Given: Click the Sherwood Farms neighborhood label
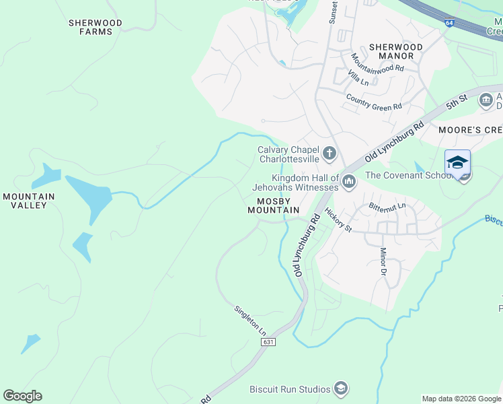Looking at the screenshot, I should pos(95,27).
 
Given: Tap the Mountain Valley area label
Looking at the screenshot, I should pos(28,201).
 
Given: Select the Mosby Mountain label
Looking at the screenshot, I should pos(273,205).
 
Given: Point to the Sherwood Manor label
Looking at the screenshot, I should pos(396,51).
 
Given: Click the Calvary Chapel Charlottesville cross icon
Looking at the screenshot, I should pos(330,154).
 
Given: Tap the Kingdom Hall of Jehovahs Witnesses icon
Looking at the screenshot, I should pos(349,181).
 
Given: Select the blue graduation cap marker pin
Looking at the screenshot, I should pos(457,164).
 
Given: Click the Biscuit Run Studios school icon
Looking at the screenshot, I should pos(342,389).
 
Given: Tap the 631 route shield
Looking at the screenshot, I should pos(268,342).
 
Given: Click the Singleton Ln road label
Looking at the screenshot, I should pos(250,321).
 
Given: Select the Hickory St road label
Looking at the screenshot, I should pos(338,220).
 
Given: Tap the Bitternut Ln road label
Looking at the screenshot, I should pos(387,206).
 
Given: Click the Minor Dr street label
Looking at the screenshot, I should pos(383,261).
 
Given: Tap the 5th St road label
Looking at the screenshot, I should pos(455,104).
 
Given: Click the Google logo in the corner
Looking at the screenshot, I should pos(22,396).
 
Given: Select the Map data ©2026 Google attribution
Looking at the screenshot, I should pos(462,399).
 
